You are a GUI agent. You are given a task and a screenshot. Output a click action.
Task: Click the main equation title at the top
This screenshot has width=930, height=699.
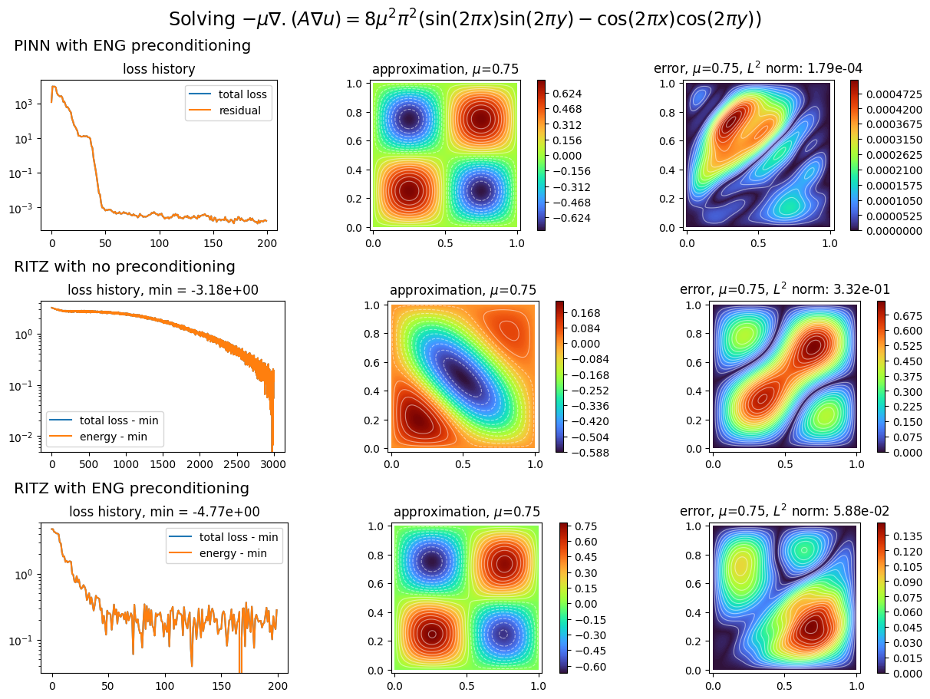tap(465, 19)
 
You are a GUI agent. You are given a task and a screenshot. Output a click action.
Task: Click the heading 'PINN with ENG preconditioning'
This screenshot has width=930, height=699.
tap(132, 46)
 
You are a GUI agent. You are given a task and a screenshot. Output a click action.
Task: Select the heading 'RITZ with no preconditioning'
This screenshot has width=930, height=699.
tap(124, 267)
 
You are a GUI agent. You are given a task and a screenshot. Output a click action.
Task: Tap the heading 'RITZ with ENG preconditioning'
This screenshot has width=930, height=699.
tap(131, 489)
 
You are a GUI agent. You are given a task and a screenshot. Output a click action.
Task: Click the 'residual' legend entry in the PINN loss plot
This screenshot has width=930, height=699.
tap(242, 110)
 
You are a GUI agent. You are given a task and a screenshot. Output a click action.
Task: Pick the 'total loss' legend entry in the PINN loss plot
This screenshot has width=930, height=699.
tap(242, 94)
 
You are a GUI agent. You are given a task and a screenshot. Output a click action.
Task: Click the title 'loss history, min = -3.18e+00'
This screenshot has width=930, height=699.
tap(163, 290)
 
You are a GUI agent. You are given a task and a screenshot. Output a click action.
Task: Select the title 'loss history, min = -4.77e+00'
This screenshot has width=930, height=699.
tap(164, 512)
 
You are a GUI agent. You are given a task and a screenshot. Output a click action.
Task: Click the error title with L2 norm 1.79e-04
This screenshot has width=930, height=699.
tap(757, 69)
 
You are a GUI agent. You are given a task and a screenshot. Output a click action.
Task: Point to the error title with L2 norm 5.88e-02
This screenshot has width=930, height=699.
tap(784, 512)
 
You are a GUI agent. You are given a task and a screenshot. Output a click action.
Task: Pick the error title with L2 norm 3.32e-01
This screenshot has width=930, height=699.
tap(784, 290)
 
